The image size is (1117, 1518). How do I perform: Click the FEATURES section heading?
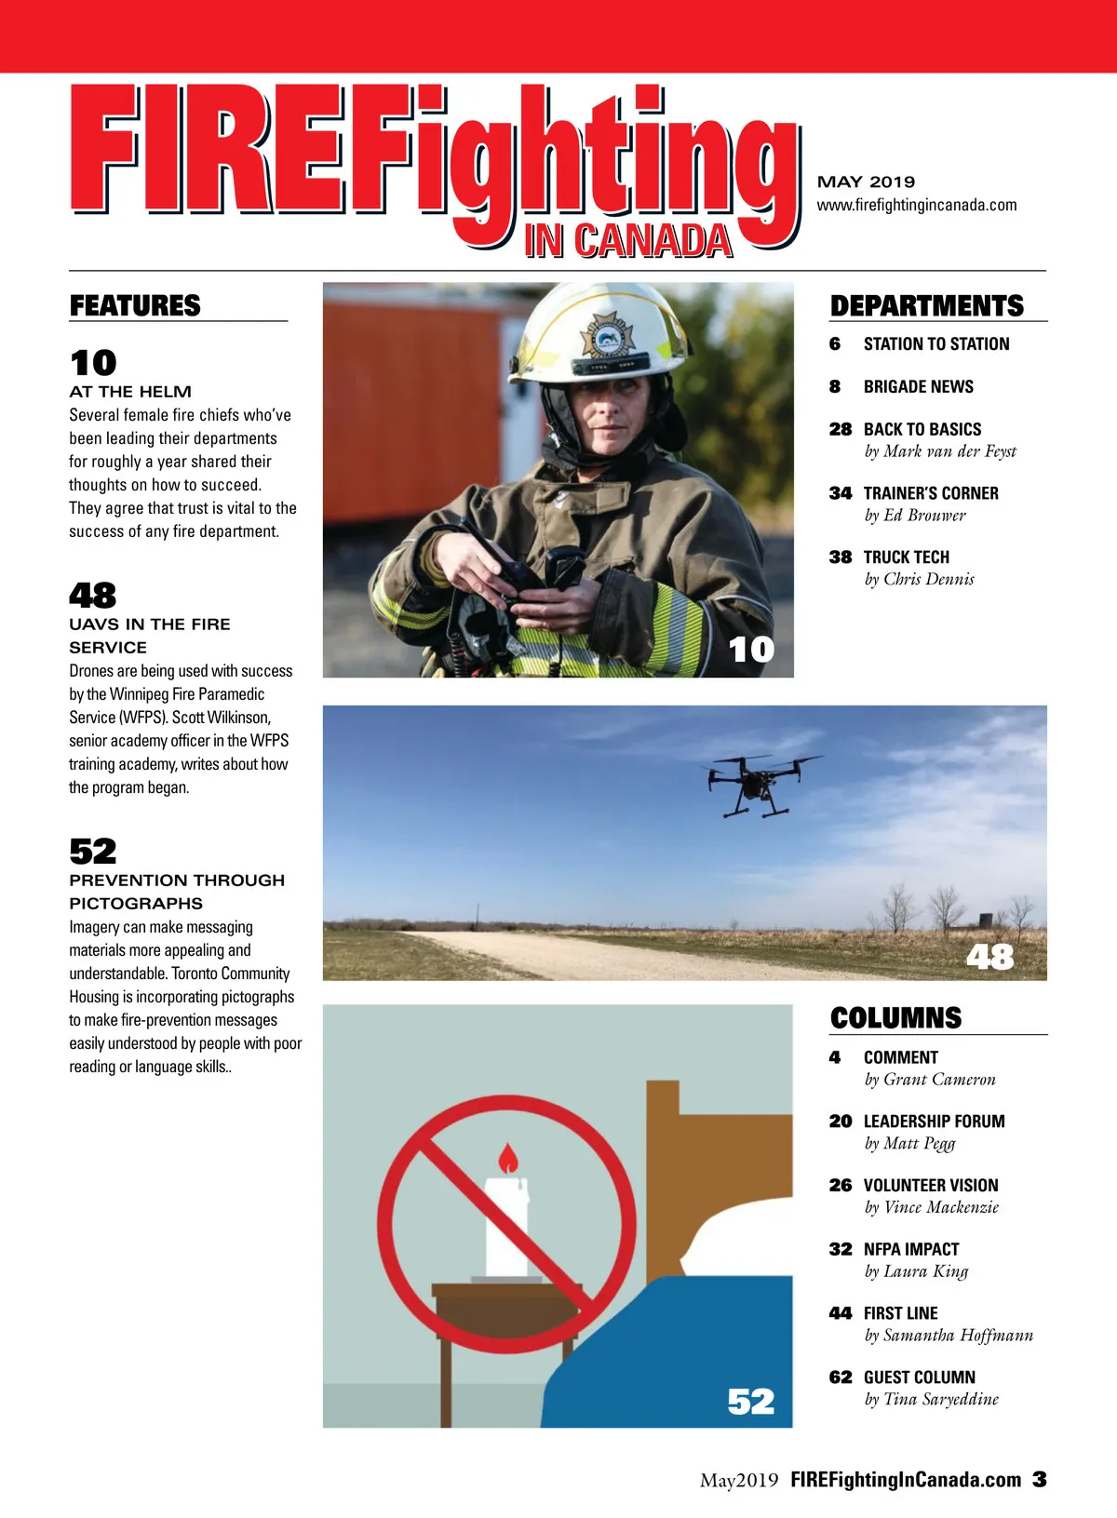[x=135, y=305]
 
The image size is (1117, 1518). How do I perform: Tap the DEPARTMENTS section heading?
[x=926, y=306]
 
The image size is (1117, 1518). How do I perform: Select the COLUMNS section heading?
[x=895, y=1017]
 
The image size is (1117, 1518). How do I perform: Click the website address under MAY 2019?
[x=917, y=205]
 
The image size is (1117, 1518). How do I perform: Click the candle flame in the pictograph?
[x=507, y=1159]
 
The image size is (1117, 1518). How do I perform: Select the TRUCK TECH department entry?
[x=906, y=557]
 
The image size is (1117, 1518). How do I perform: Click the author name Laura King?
[x=925, y=1271]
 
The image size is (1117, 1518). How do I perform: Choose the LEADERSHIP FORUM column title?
[x=934, y=1122]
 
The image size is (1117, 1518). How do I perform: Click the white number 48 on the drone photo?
[x=989, y=956]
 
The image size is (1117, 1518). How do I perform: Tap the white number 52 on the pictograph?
[x=750, y=1401]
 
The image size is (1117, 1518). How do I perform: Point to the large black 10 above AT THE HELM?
[x=93, y=362]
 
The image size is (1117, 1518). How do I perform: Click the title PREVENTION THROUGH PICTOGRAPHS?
[x=176, y=892]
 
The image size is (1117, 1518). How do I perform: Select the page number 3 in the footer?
[x=1039, y=1479]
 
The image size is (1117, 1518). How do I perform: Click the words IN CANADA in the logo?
[x=628, y=241]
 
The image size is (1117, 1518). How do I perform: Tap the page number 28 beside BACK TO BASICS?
[x=841, y=429]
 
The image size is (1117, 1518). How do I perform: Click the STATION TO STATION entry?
[x=935, y=344]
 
